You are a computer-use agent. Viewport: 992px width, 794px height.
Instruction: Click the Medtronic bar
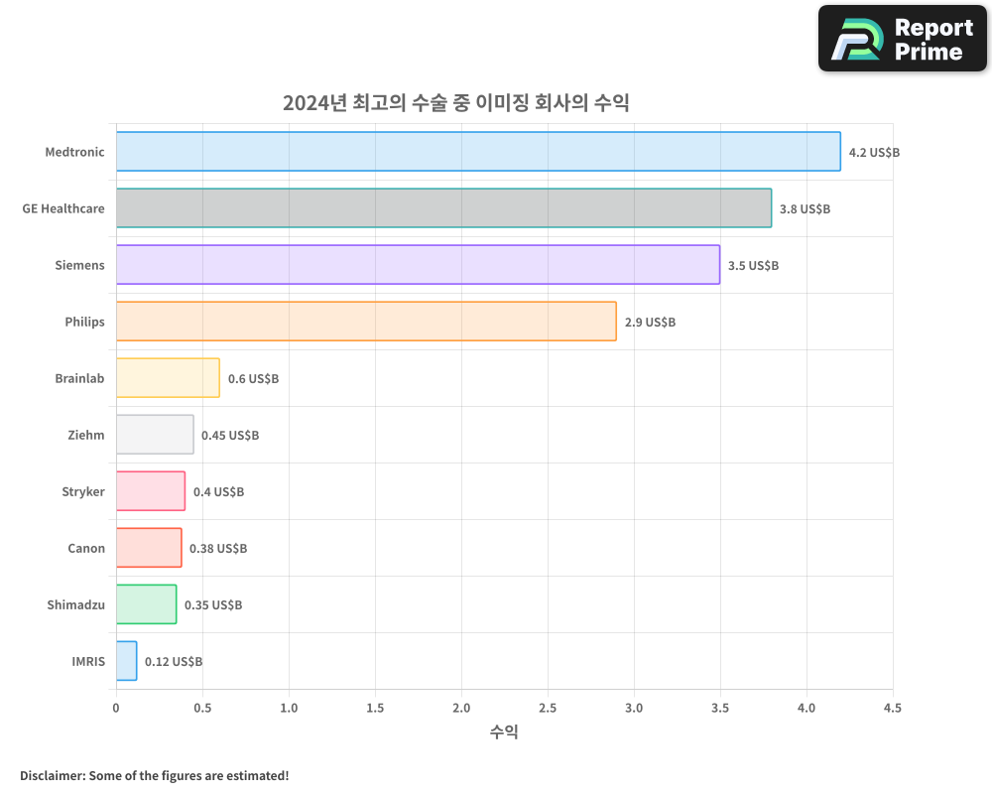(x=478, y=152)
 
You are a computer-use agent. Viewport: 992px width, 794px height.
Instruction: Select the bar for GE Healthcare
(x=443, y=208)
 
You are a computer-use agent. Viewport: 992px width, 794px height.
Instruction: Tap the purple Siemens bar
(x=418, y=265)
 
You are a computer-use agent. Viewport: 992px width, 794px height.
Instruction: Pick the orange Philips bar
(x=366, y=322)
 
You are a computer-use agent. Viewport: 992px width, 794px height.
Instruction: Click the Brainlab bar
(x=168, y=378)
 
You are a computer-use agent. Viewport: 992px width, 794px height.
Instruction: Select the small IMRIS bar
(x=126, y=661)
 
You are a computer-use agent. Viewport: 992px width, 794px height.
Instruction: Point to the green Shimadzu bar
(x=146, y=604)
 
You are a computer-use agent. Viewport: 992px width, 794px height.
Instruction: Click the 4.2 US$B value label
(x=874, y=153)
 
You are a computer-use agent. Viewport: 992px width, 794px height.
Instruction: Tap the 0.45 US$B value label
(x=230, y=436)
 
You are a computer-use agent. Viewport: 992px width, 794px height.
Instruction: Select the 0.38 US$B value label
(x=218, y=549)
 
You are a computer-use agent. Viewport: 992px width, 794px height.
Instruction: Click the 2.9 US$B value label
(x=650, y=323)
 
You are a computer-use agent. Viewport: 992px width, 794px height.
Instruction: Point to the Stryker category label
(x=83, y=491)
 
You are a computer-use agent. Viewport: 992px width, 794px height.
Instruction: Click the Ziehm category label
(x=86, y=435)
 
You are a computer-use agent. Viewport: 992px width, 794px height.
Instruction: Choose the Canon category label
(x=86, y=548)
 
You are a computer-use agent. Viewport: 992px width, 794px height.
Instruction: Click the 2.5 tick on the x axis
(x=548, y=708)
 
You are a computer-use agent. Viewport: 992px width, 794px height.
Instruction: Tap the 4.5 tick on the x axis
(x=893, y=708)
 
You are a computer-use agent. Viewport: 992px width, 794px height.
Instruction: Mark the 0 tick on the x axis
(x=116, y=708)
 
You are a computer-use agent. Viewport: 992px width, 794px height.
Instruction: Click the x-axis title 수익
(x=504, y=732)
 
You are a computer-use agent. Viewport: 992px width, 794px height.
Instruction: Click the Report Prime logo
(x=903, y=39)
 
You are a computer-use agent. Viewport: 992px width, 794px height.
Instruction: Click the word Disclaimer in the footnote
(x=51, y=775)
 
